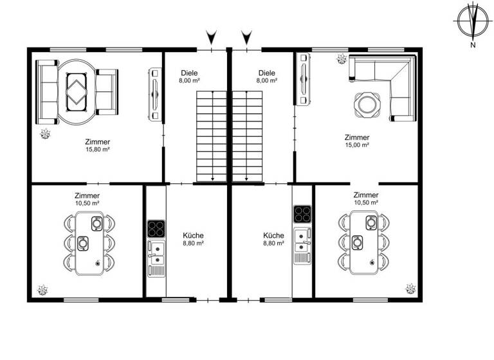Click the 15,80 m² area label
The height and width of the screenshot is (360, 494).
coord(96,149)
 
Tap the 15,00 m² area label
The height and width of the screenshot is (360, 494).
coord(357,145)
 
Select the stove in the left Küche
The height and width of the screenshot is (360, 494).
coord(155,229)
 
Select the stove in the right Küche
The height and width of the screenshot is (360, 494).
coord(302,214)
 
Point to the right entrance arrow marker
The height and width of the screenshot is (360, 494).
coord(246,36)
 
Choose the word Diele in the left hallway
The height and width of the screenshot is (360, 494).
coord(189,73)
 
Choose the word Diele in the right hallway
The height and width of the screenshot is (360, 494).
coord(267,73)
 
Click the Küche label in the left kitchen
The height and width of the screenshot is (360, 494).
coord(192,236)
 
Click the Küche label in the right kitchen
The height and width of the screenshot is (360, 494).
coord(273,236)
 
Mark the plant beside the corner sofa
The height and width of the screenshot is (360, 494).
coord(340,60)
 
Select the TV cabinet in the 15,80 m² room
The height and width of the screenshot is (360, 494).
coord(154,94)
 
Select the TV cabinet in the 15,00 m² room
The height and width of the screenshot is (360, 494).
coord(304,78)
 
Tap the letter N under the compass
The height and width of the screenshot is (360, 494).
coord(472,45)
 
